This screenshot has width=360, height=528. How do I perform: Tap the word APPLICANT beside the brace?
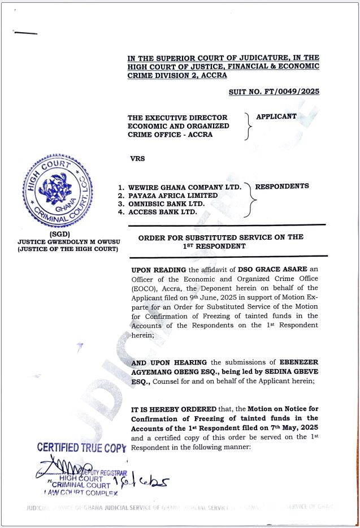(276, 116)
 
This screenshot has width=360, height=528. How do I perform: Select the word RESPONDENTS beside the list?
(282, 186)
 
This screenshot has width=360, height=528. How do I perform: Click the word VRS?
(137, 158)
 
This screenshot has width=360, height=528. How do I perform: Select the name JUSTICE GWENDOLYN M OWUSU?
(68, 241)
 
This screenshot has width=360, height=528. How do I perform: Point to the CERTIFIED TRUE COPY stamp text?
(81, 448)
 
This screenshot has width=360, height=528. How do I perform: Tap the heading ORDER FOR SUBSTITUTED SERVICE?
(221, 237)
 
